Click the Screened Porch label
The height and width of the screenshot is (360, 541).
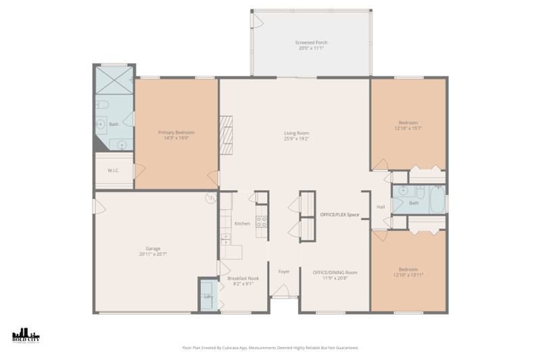click(311, 43)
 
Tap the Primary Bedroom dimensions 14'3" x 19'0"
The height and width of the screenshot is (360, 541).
click(176, 138)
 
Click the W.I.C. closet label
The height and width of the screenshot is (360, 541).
click(114, 170)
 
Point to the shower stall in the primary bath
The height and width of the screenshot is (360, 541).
click(114, 79)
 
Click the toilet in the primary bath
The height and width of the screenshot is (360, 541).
click(101, 104)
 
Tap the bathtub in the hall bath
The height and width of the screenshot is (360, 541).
click(437, 200)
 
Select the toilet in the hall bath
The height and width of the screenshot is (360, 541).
click(403, 190)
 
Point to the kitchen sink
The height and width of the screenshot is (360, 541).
click(225, 238)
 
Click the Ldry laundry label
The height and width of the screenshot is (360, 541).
click(208, 296)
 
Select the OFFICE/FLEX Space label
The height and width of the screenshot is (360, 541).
click(339, 215)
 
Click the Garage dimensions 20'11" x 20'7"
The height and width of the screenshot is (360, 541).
click(153, 254)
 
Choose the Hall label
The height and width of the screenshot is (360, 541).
click(381, 207)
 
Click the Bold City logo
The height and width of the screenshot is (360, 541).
click(26, 336)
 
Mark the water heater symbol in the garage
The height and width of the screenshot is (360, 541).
click(211, 198)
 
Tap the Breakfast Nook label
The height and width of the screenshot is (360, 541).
click(243, 278)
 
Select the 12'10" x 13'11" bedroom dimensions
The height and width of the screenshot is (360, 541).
click(408, 275)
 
